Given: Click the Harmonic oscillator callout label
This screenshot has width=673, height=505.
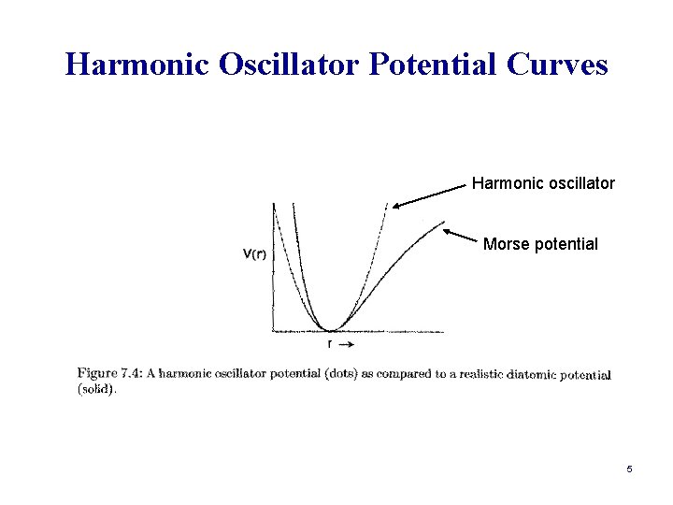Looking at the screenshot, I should pyautogui.click(x=543, y=183).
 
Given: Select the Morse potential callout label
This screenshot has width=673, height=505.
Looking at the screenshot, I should pyautogui.click(x=540, y=244).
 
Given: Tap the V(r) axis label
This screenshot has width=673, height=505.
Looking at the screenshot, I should pyautogui.click(x=252, y=253).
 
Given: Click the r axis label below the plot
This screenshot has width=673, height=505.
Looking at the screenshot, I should pyautogui.click(x=329, y=344).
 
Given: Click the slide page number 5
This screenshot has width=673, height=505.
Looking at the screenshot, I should pyautogui.click(x=630, y=469).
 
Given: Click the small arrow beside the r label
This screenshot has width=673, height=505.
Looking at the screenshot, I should pyautogui.click(x=345, y=344).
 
